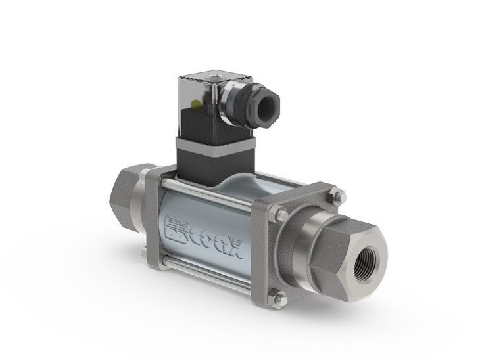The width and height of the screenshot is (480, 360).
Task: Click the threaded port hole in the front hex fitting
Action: click(x=366, y=263)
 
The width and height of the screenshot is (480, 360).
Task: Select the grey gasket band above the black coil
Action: click(x=215, y=145)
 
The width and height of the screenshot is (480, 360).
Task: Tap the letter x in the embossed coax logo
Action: click(x=235, y=249)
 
